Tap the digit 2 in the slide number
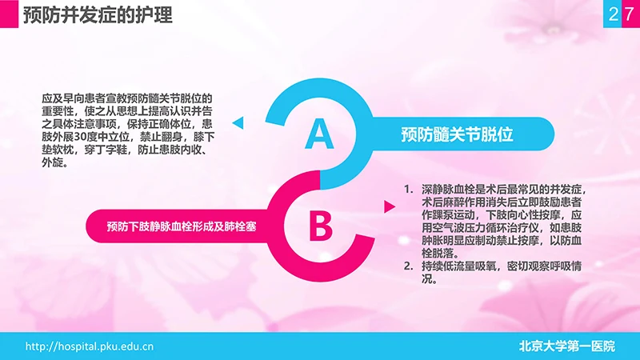(613, 14)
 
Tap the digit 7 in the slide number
(629, 14)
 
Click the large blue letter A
(319, 134)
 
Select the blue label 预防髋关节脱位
(457, 134)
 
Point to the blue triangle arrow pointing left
(238, 122)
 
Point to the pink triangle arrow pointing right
(390, 207)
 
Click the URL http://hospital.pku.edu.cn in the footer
(90, 346)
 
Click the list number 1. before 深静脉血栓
(409, 190)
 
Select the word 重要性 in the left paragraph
(57, 112)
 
